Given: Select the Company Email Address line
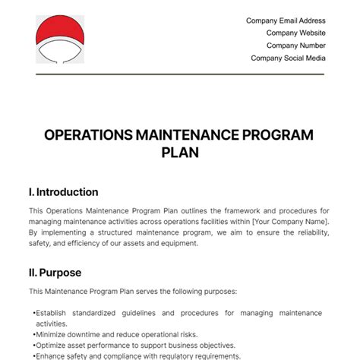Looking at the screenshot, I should coord(286,21).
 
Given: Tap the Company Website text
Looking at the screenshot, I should coord(295,33).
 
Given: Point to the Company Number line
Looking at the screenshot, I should coord(295,46).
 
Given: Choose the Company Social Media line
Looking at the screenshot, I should coord(288,58).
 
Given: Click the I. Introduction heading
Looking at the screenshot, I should coord(63,192).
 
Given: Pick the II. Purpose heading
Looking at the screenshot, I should coord(55,272).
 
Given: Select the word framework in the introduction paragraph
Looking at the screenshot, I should coord(217,210).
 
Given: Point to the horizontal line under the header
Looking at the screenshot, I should coord(179,74).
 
